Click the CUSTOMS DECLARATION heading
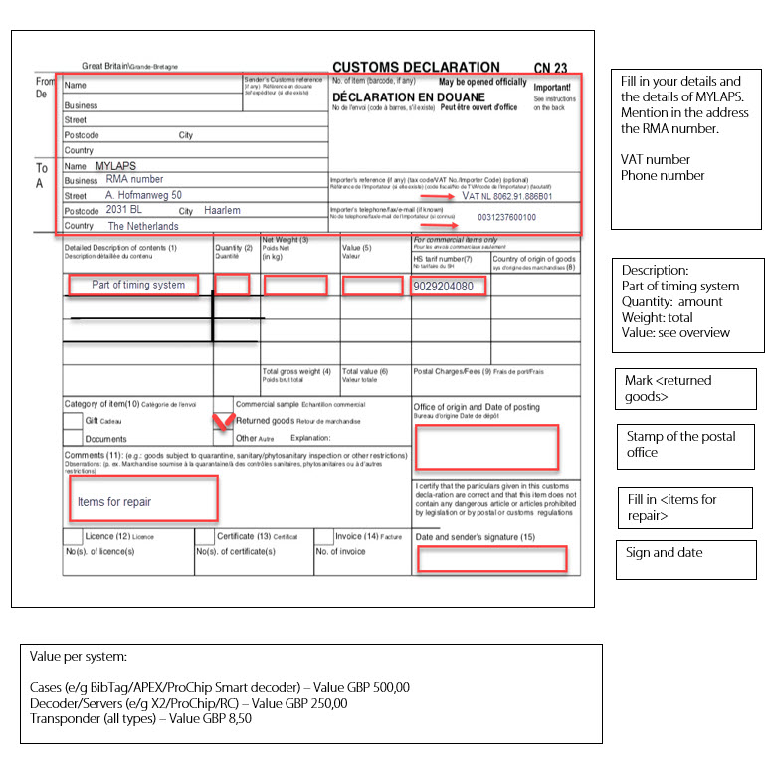(x=416, y=67)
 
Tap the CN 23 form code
(x=550, y=68)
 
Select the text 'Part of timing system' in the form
(x=137, y=285)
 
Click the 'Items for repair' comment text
(x=114, y=502)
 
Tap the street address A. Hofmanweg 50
(x=143, y=196)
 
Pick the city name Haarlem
(x=223, y=211)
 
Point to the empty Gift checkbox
(x=73, y=421)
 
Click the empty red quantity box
(x=232, y=285)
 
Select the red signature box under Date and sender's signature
(x=491, y=559)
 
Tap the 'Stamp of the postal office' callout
(x=685, y=444)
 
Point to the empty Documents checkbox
(x=73, y=438)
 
